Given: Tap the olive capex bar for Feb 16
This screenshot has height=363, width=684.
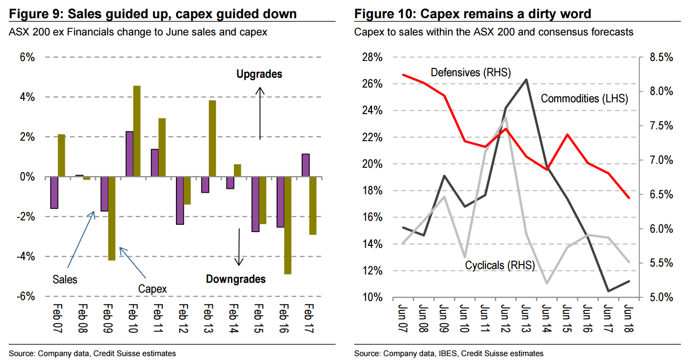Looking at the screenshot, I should [287, 225].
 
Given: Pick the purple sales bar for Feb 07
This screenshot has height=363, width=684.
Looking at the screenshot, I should [54, 192].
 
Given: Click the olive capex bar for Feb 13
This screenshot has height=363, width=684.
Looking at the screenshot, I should [212, 138].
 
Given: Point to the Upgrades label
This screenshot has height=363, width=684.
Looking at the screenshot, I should [259, 74].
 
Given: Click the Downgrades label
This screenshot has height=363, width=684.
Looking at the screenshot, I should [235, 279].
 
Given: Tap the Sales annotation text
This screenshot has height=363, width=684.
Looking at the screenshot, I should [65, 279].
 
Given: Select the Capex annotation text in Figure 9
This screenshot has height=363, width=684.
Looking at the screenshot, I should [152, 289].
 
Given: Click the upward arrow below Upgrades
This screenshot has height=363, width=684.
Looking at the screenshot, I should [260, 113].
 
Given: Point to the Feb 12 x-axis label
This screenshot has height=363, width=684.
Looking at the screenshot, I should [182, 319].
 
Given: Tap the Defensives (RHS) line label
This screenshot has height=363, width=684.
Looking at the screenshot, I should [471, 73].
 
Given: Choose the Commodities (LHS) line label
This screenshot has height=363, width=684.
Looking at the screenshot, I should [584, 98].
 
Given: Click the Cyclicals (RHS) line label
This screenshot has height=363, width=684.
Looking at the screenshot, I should [500, 265].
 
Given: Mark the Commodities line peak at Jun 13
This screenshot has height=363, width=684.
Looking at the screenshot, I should [526, 79].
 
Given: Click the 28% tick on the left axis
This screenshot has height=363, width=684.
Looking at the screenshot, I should [371, 58].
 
